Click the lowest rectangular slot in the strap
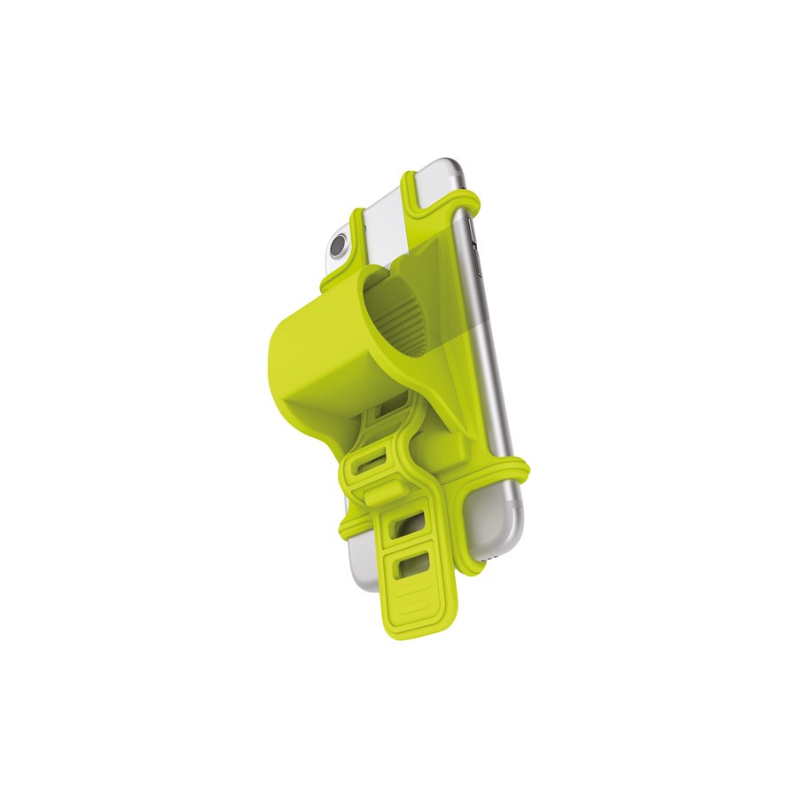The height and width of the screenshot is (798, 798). tap(411, 562)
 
